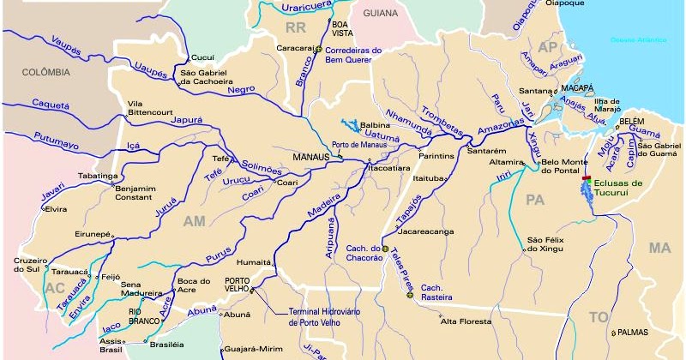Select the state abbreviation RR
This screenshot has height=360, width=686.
(297, 30)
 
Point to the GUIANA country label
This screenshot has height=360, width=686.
(381, 14)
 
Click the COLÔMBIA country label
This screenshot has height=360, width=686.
(47, 73)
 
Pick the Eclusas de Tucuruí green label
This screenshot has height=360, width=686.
(614, 189)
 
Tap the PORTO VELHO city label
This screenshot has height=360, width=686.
(237, 285)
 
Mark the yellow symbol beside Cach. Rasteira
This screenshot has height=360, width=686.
(410, 295)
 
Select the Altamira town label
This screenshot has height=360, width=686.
(506, 162)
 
